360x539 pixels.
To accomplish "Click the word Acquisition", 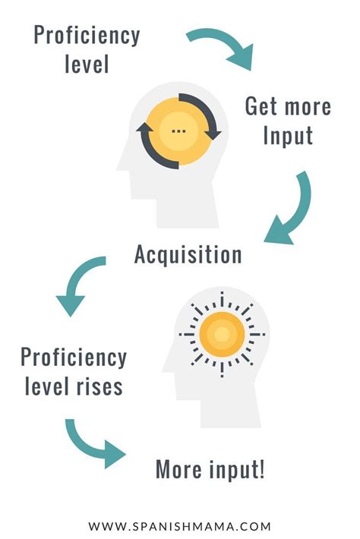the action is click(x=188, y=255).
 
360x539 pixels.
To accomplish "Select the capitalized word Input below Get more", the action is click(x=288, y=136).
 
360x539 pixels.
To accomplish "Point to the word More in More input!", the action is click(x=178, y=469).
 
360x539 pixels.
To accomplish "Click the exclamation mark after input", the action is click(x=262, y=469).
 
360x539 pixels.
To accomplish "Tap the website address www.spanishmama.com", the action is click(x=180, y=526).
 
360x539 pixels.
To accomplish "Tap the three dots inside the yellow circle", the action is click(x=178, y=131).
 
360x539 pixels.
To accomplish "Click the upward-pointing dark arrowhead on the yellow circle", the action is click(x=144, y=128).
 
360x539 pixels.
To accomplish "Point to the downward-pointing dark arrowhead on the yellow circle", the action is click(x=213, y=135).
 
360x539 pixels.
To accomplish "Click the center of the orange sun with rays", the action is click(x=222, y=334).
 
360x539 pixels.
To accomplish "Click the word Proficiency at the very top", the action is click(x=87, y=36).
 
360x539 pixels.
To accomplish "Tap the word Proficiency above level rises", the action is click(x=74, y=358).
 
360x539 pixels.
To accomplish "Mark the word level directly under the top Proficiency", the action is click(x=87, y=64).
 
